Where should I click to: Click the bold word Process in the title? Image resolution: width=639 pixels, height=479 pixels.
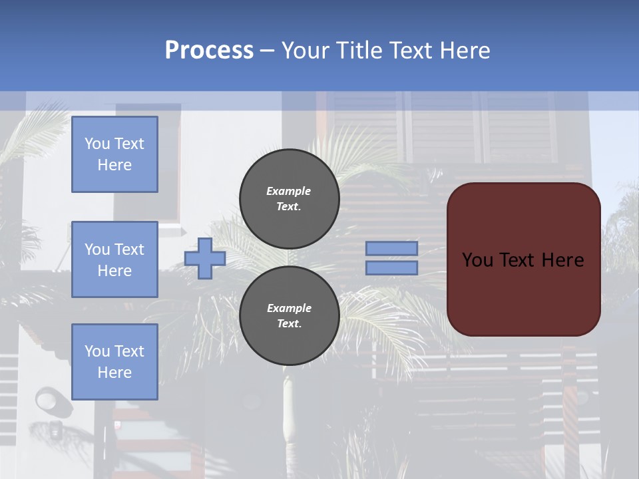[209, 51]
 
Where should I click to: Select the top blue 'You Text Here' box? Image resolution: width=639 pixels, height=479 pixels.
[114, 154]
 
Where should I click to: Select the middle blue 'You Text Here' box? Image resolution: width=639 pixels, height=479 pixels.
[114, 259]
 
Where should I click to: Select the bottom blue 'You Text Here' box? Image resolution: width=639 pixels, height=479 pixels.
[114, 362]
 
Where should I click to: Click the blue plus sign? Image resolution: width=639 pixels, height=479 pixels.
[204, 258]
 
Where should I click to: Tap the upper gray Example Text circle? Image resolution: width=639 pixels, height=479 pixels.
[290, 198]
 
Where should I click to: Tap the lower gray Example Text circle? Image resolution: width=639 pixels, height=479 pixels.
[290, 315]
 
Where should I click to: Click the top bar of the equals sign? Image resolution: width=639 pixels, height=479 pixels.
[391, 248]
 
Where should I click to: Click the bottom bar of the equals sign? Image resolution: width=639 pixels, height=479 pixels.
[391, 267]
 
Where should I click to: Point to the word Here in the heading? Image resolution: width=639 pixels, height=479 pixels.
[465, 51]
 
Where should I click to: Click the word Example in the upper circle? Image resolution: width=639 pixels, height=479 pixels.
[288, 191]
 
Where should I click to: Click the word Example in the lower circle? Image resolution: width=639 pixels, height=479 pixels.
[289, 308]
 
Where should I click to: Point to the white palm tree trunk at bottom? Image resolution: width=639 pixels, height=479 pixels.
[288, 412]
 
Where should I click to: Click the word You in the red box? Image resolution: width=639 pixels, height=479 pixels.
[477, 260]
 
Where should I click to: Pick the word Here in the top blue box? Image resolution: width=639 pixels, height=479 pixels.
[114, 165]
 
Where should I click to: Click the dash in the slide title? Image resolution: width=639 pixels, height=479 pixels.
[267, 51]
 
